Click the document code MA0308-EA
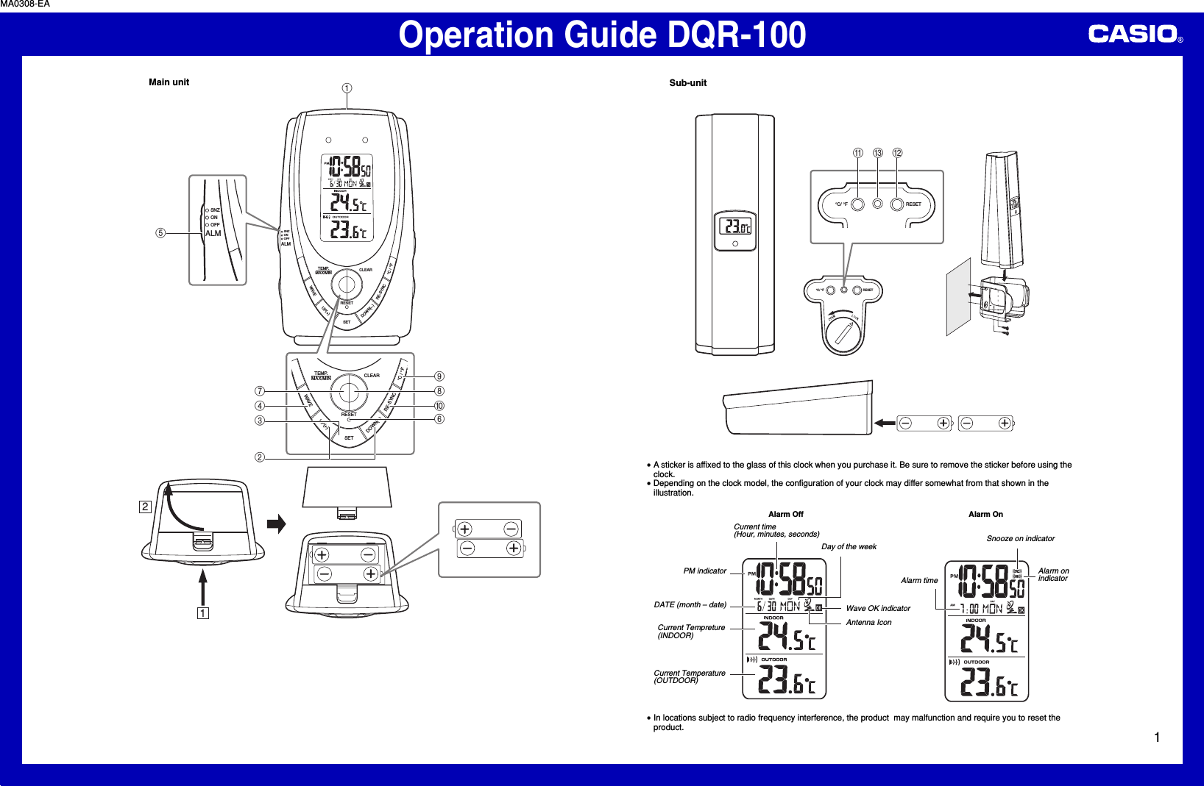[x=25, y=4]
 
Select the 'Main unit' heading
[x=169, y=82]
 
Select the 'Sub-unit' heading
[x=687, y=83]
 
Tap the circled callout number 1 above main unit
[x=347, y=88]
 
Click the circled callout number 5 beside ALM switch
[x=160, y=233]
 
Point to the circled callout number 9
[x=439, y=376]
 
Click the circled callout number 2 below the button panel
[x=260, y=457]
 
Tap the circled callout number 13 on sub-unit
[x=877, y=153]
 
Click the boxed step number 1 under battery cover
[x=202, y=613]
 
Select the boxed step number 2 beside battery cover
[x=145, y=507]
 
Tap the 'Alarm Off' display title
[x=785, y=515]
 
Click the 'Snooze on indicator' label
[x=1020, y=539]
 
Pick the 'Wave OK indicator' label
[x=878, y=609]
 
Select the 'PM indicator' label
[x=704, y=571]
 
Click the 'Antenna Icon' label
[x=868, y=623]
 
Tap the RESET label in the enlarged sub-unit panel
[x=913, y=204]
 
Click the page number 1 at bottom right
[x=1157, y=737]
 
